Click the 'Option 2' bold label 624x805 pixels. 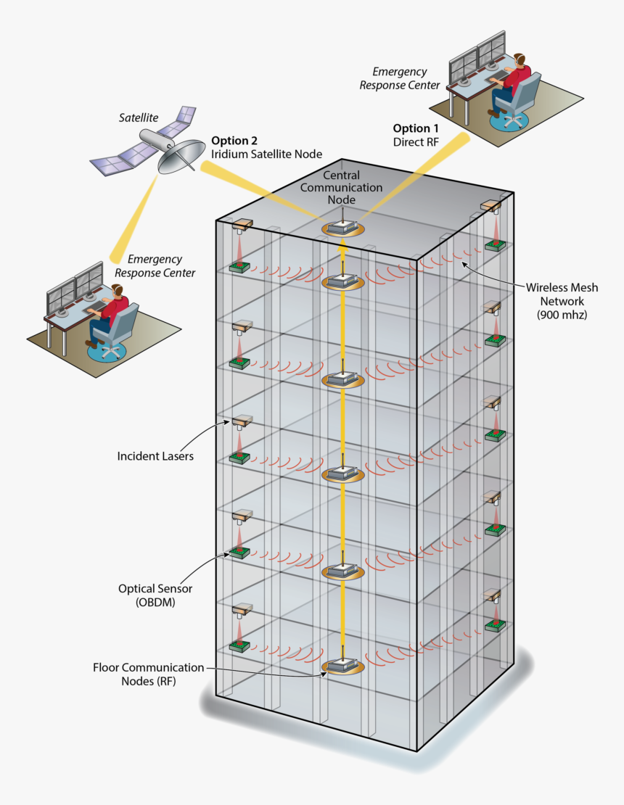coord(234,141)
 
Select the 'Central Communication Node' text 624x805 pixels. coord(353,188)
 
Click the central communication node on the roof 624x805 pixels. coord(342,228)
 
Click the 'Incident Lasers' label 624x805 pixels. coord(155,457)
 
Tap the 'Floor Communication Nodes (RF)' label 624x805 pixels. coord(149,674)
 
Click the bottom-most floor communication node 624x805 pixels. coord(342,666)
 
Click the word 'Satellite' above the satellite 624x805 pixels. coord(139,117)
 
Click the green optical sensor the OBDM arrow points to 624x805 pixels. coord(239,553)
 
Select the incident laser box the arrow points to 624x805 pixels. coord(242,421)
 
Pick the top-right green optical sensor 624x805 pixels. coord(495,244)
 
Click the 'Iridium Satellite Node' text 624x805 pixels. coord(266,154)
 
